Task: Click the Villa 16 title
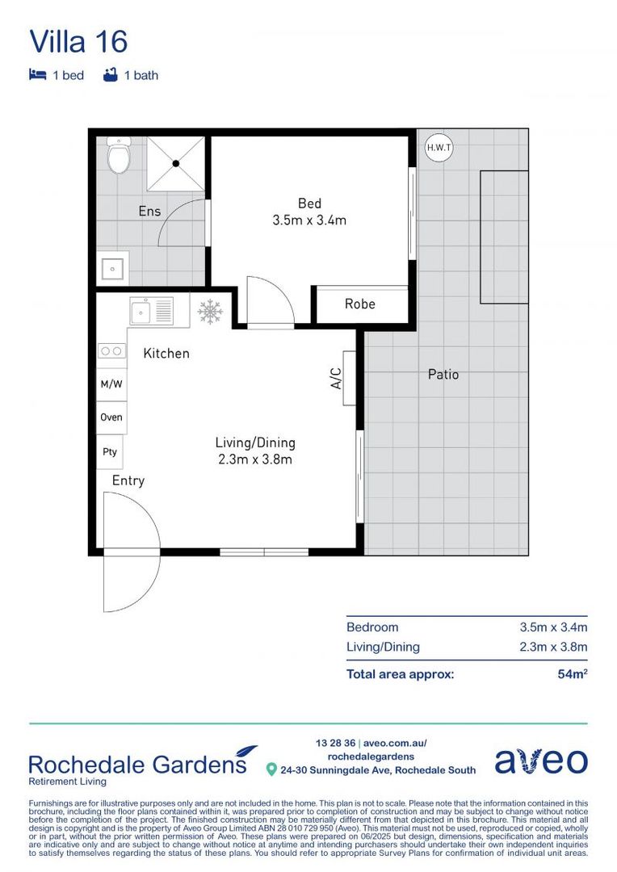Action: pos(78,41)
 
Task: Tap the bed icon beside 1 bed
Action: pos(37,75)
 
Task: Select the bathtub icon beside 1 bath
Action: pos(111,75)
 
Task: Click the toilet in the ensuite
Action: pos(120,156)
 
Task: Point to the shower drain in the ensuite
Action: pos(175,162)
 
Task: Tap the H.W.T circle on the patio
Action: pos(439,147)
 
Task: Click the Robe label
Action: pos(359,304)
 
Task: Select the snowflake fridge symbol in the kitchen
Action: pos(210,312)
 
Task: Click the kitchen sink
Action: pos(151,310)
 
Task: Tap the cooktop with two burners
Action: pos(111,350)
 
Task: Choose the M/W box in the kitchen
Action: pos(111,384)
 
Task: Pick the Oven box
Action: pos(111,417)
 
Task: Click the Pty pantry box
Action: pos(110,452)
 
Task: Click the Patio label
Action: pos(443,375)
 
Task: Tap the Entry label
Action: pos(128,480)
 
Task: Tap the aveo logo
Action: pos(540,760)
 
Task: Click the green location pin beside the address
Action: pos(271,769)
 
